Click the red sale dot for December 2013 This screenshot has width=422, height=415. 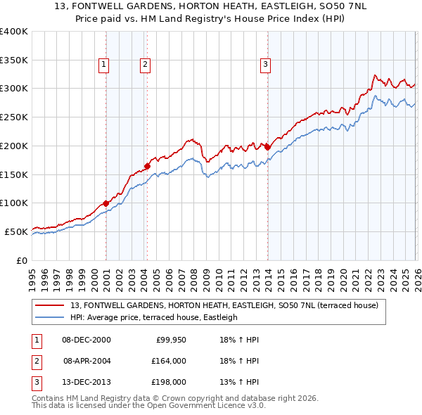(x=267, y=146)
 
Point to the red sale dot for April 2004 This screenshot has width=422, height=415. (x=147, y=166)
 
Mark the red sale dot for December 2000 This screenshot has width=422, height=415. (x=105, y=203)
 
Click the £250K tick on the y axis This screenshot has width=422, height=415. (x=14, y=117)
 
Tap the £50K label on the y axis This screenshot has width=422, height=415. (x=16, y=231)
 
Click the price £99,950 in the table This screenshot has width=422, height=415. (x=169, y=340)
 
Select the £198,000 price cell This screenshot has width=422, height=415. (x=169, y=382)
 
